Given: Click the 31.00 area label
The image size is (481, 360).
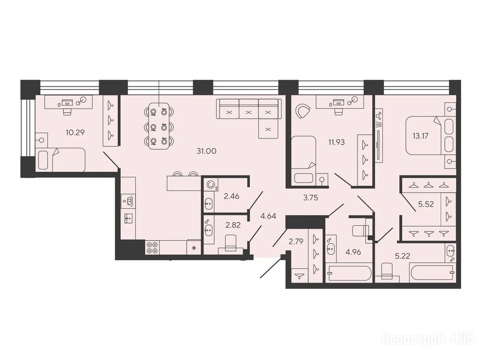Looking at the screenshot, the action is point(207,151).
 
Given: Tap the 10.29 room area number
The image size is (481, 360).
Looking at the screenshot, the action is point(75,132).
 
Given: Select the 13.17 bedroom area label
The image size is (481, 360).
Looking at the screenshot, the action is point(419,136).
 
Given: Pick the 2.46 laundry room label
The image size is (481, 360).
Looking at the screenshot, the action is point(232,196).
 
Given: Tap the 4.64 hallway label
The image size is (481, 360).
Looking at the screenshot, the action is point(268,216).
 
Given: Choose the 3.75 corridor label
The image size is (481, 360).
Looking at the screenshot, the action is point(310,198).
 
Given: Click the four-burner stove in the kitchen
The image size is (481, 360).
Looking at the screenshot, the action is point(152,247).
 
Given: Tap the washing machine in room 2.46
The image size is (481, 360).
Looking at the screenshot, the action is point(210,184).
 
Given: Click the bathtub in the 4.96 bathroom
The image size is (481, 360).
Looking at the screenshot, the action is point(349,273).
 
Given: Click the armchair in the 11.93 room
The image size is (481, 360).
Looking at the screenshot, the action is point(302,111).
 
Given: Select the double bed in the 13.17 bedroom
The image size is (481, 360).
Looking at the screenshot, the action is point(429,136).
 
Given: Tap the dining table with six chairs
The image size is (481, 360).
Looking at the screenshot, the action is point(159,126).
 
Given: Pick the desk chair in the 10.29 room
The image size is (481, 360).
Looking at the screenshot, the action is point(67,110).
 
